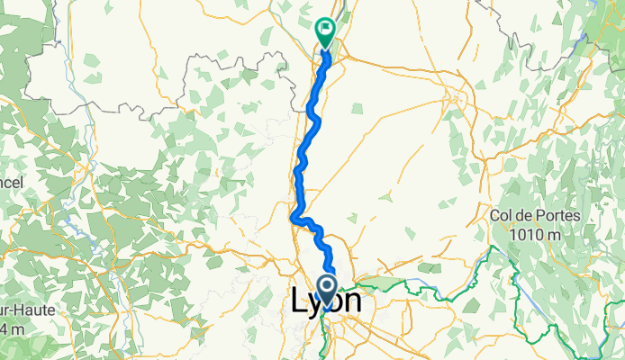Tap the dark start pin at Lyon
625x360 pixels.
327,290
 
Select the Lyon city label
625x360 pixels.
327,302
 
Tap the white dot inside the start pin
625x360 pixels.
327,287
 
